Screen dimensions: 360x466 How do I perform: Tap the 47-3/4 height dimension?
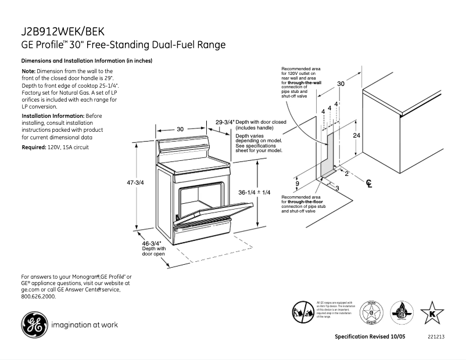coord(135,182)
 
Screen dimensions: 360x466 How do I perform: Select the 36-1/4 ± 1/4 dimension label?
coord(255,192)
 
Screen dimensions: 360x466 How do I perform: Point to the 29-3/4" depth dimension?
coord(225,123)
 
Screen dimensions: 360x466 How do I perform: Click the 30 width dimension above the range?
coord(180,129)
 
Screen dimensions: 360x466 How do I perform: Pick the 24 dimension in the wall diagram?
coord(357,135)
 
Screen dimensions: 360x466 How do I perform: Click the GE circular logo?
coord(32,325)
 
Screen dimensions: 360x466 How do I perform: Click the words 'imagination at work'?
coord(84,325)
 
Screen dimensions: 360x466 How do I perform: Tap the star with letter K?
coord(432,312)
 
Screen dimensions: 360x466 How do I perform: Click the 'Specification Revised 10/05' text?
coord(371,337)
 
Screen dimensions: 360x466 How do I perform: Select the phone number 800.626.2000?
coord(38,296)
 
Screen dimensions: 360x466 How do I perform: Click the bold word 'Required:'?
coord(34,148)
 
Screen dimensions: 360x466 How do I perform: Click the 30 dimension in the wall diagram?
coord(341,84)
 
